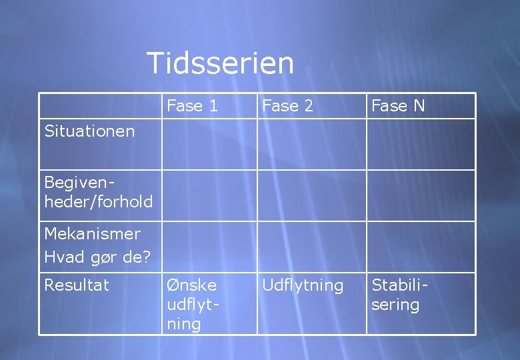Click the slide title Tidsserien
coord(220,63)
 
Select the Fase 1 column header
coord(192,105)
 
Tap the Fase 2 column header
coord(287,105)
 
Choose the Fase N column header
coord(398,105)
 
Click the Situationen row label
coord(89,131)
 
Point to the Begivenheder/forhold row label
coord(98,192)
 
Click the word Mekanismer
coord(92,234)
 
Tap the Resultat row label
coord(76,285)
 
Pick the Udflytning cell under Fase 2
coord(303,285)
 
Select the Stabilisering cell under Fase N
coord(399,295)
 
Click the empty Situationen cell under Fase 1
coord(209,144)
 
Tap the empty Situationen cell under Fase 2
coord(311,144)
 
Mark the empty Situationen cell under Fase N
coord(421,144)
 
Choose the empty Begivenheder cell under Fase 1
coord(209,195)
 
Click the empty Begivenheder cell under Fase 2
coord(311,195)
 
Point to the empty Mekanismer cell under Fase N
coord(421,247)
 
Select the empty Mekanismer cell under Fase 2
coord(311,247)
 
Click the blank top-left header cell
coord(100,105)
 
